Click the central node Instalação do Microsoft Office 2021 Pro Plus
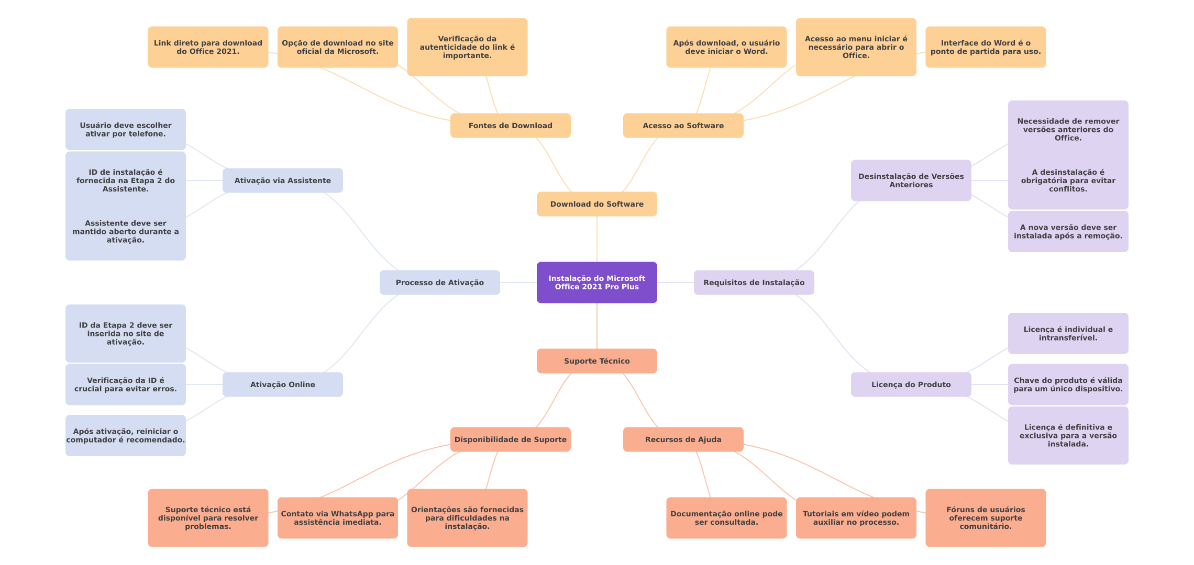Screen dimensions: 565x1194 point(596,282)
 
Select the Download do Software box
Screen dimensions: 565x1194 point(596,204)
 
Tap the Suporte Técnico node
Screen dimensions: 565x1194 point(596,361)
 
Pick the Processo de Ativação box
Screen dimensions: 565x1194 point(439,282)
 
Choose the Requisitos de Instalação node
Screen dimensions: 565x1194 point(754,282)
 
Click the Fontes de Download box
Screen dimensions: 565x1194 point(510,126)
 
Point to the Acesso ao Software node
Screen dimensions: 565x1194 point(683,126)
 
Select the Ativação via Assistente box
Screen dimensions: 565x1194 point(282,180)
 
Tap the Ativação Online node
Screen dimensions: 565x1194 point(282,385)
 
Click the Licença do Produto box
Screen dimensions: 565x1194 point(911,385)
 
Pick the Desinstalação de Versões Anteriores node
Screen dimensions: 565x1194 point(911,180)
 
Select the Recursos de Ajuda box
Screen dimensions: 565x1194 point(683,439)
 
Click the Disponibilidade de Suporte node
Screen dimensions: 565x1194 point(510,439)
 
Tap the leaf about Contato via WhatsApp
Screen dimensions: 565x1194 point(337,518)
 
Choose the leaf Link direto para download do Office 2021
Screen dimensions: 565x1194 point(208,47)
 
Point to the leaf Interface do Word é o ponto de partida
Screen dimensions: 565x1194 point(985,47)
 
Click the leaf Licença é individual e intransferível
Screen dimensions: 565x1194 point(1068,334)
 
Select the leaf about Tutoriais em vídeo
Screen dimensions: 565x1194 point(856,518)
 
